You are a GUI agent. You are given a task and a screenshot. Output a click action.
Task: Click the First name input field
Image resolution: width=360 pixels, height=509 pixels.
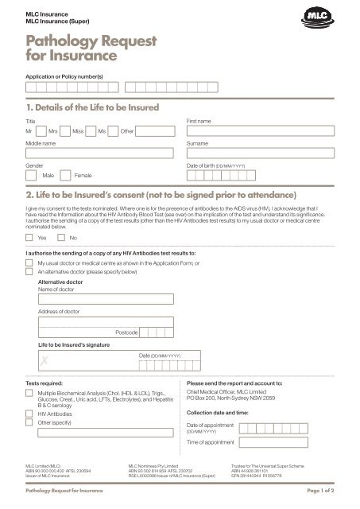pos(260,130)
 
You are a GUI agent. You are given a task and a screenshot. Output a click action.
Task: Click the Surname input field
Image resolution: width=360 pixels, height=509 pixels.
pos(260,153)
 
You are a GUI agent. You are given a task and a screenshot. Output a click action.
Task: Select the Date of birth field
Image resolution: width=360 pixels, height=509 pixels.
pos(260,173)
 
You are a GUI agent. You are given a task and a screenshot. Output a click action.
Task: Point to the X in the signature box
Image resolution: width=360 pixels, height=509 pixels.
pos(33,360)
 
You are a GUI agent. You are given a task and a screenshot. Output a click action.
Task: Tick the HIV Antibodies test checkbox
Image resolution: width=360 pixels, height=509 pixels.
pos(29,414)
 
